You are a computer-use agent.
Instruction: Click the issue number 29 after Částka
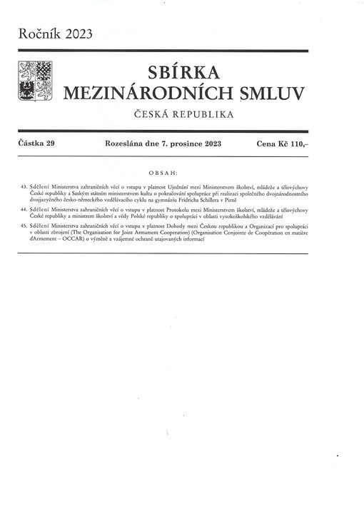[50, 144]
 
